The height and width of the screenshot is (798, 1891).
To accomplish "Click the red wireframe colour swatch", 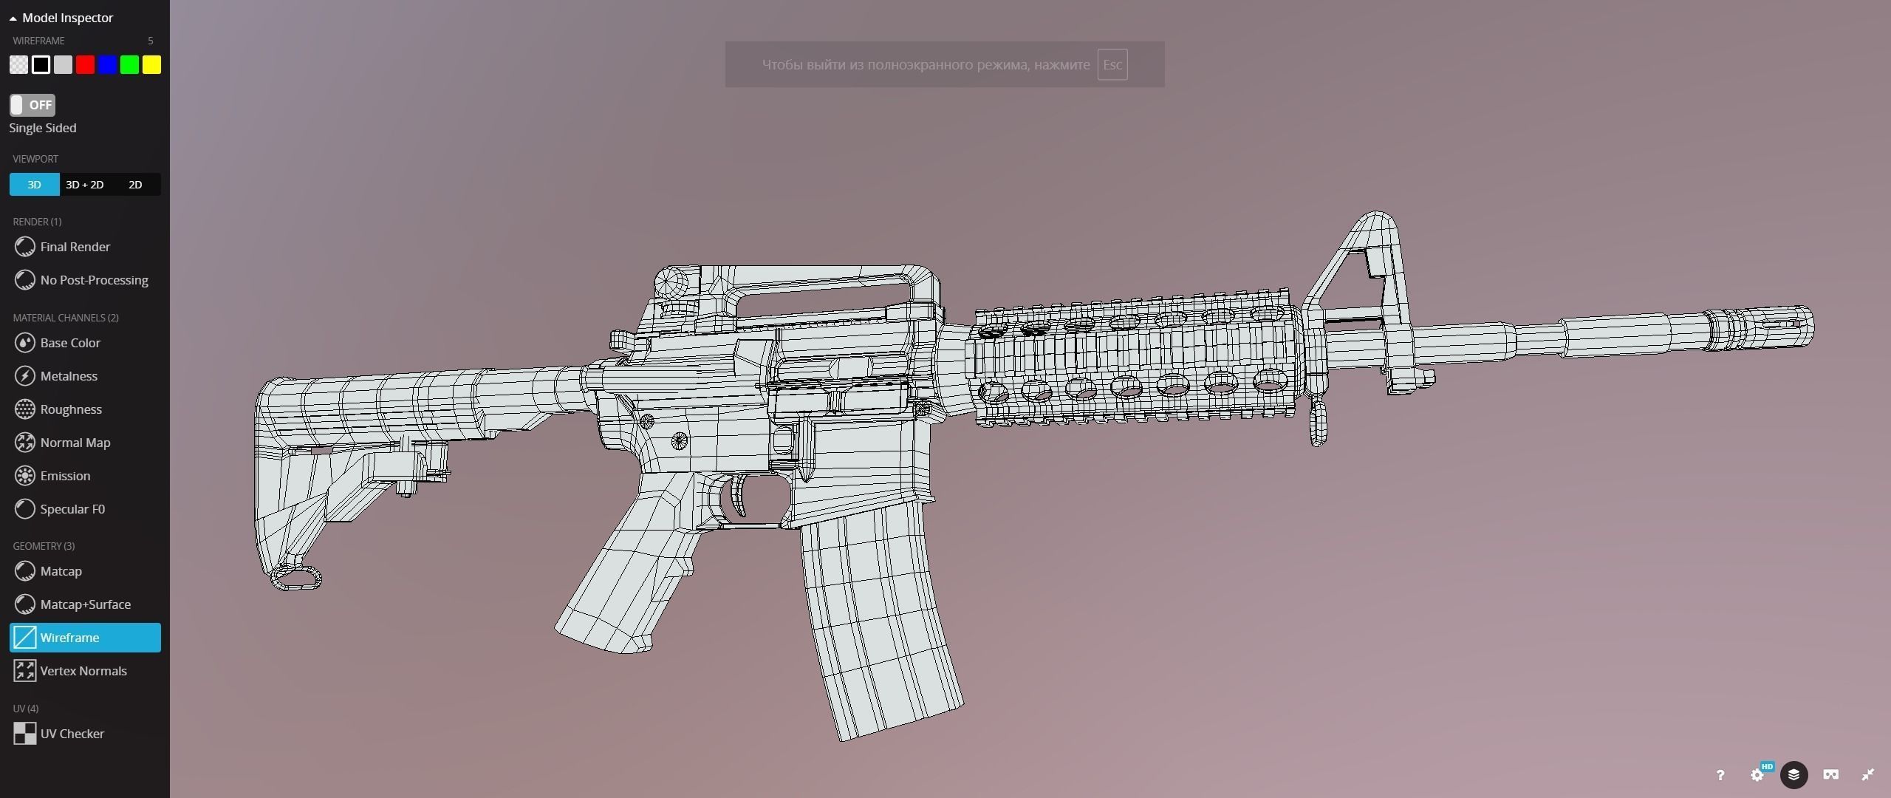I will coord(85,65).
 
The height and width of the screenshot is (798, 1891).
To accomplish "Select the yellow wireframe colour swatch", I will coord(151,65).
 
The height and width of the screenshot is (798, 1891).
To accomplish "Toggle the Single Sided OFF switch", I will coord(33,105).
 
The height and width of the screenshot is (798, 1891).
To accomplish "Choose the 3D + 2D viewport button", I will coord(84,185).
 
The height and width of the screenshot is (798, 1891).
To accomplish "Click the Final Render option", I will coord(75,247).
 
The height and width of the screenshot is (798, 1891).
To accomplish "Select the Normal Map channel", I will coord(75,443).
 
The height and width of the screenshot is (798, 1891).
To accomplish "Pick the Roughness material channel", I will coord(71,409).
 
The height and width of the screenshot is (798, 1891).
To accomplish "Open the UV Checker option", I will coord(72,734).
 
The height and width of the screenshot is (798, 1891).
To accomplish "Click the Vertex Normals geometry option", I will coord(83,671).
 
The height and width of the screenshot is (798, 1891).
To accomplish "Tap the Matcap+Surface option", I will coord(85,604).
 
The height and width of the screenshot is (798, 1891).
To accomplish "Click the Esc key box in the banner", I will coord(1112,65).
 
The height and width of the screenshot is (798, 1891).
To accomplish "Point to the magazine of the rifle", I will coord(879,621).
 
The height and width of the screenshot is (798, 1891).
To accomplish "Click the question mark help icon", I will coord(1720,775).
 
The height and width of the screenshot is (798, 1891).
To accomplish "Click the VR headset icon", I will coord(1830,775).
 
